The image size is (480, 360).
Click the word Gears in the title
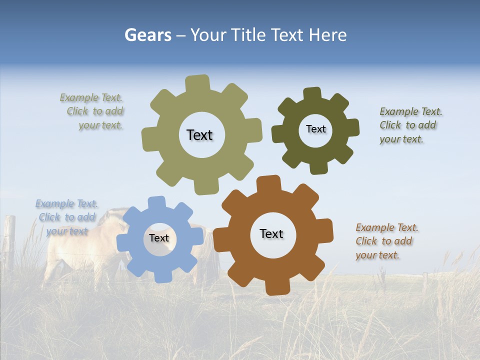point(147,35)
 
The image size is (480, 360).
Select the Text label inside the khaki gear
point(199,135)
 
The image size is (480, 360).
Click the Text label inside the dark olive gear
point(315,129)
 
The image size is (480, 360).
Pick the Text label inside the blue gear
point(159,238)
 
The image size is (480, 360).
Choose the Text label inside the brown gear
point(271,233)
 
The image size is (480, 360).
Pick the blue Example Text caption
point(66,217)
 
